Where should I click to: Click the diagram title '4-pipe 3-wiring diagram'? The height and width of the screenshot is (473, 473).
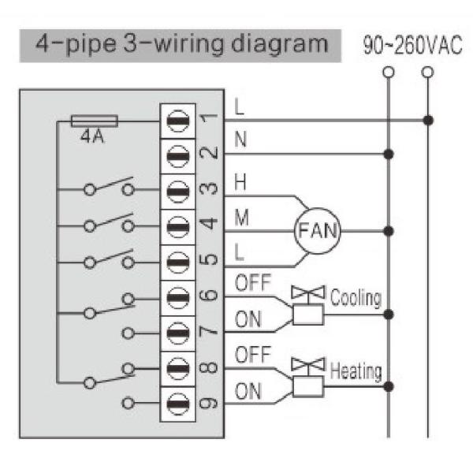point(181,44)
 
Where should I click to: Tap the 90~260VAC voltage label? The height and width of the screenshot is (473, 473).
point(412,45)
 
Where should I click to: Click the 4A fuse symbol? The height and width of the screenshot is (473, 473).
point(95,121)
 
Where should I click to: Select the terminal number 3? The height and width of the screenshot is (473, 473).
point(208,190)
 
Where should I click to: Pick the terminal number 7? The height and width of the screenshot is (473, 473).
point(208,331)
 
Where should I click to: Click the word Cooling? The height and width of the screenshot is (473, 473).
point(356,299)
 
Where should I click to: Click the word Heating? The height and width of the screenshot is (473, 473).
point(356,370)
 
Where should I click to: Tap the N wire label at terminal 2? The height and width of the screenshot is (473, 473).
point(240,140)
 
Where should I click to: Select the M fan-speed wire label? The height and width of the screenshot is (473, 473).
point(242,218)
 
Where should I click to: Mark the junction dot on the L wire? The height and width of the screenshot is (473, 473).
point(427,121)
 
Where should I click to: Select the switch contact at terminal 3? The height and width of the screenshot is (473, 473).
point(110,189)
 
